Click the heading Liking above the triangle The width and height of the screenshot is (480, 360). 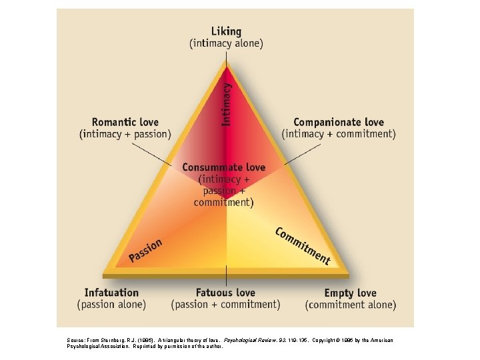226,31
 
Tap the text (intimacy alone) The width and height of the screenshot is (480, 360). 226,44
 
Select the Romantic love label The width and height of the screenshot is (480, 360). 125,122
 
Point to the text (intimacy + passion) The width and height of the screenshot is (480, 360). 125,134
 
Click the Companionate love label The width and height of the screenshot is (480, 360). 339,122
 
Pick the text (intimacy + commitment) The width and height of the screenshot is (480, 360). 339,134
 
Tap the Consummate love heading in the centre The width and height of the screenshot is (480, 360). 224,167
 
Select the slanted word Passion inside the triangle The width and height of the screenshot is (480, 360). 146,250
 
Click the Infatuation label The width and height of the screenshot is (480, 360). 112,293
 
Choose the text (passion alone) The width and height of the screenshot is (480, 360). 112,305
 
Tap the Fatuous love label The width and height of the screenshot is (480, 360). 225,293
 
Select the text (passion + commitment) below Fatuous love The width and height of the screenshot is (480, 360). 225,305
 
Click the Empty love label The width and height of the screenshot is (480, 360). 350,293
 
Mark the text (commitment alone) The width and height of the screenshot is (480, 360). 350,305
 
